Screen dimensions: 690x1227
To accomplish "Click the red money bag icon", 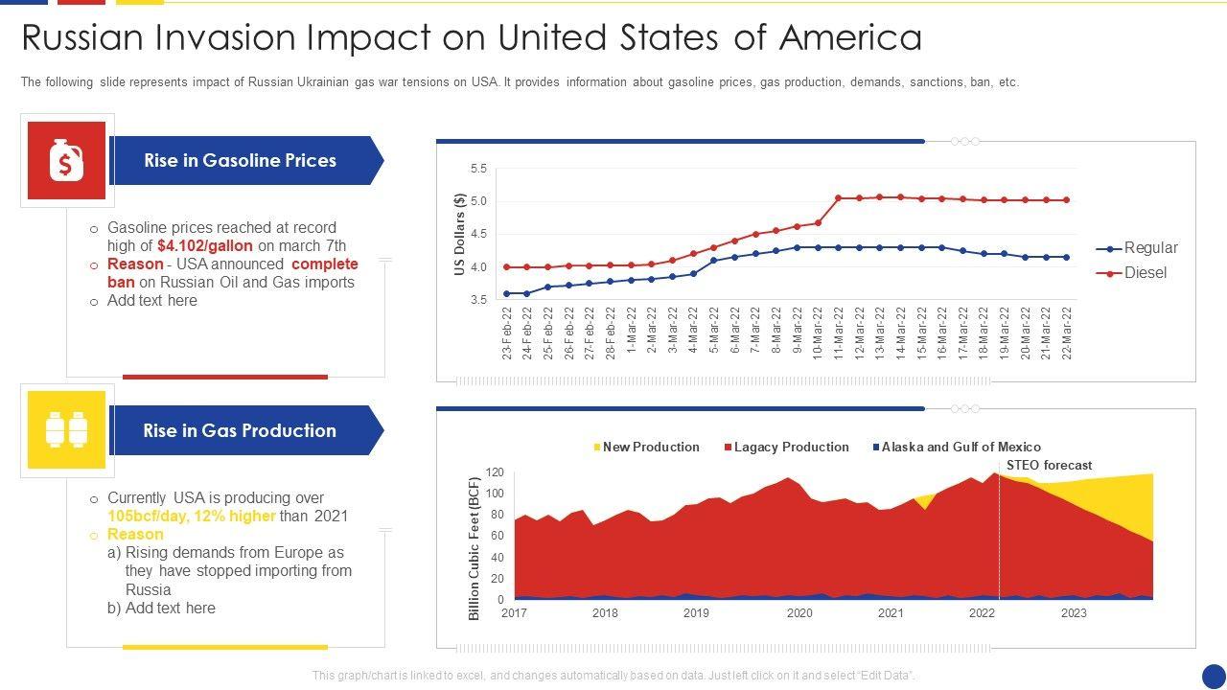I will coord(66,161).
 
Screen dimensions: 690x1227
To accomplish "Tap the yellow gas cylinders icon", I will coord(66,430).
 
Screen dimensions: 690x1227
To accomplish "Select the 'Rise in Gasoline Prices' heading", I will coord(240,161).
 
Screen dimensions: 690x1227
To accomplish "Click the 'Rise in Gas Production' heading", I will coord(240,431).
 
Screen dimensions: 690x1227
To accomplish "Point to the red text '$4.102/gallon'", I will coord(205,246).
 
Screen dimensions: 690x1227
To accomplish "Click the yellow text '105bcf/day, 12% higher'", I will coord(192,517).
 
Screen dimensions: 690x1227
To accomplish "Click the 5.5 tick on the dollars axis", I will coord(478,169).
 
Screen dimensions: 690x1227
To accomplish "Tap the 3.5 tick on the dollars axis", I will coord(478,300).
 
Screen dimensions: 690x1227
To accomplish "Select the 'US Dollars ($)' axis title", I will coord(459,235).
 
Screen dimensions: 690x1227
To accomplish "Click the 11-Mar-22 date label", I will coord(839,333).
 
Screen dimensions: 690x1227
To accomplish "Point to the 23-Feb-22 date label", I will coord(506,333).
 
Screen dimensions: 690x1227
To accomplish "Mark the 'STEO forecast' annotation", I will coord(1049,466).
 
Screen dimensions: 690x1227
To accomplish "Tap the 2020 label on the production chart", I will coord(799,613).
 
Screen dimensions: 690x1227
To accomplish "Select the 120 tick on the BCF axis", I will coord(495,472).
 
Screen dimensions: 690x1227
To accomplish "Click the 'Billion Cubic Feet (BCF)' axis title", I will coord(475,547).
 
